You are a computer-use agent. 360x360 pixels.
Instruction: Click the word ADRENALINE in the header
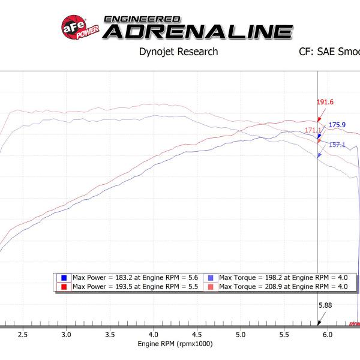point(197,31)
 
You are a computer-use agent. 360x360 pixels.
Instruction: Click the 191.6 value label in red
point(325,102)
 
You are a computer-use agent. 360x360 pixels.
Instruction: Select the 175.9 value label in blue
point(337,125)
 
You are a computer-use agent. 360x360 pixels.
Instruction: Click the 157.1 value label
point(337,145)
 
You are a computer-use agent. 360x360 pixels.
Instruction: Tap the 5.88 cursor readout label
point(325,305)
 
